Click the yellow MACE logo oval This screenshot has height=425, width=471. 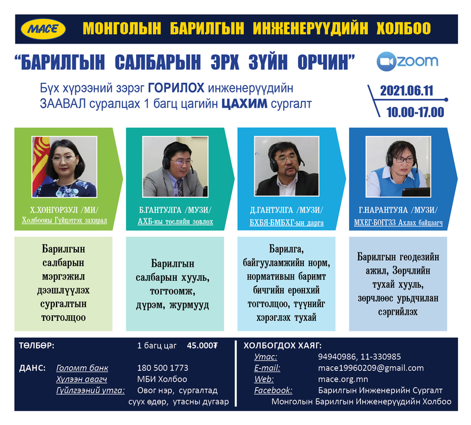click(43, 29)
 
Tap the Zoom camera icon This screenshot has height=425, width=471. click(386, 62)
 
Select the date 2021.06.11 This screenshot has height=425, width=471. click(406, 91)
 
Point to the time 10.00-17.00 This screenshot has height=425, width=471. click(415, 112)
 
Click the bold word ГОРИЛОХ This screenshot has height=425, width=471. click(176, 88)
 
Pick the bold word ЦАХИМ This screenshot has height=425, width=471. click(244, 104)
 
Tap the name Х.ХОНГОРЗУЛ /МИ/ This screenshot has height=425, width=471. click(64, 210)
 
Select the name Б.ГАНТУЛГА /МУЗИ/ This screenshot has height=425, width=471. click(175, 210)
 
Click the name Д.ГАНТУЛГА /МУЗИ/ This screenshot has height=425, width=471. click(287, 210)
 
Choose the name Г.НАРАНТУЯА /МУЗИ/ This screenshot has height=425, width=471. click(398, 210)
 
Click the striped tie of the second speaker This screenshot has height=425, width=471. click(180, 188)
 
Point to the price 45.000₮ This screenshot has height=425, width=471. click(202, 346)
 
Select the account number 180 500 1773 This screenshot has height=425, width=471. click(162, 368)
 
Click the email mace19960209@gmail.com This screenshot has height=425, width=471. click(371, 368)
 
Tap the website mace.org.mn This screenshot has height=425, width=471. click(343, 379)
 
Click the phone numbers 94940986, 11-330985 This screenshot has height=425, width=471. click(359, 357)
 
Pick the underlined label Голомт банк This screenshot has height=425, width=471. click(82, 368)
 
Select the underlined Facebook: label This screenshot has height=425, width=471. click(273, 390)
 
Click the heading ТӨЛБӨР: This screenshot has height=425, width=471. click(37, 346)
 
